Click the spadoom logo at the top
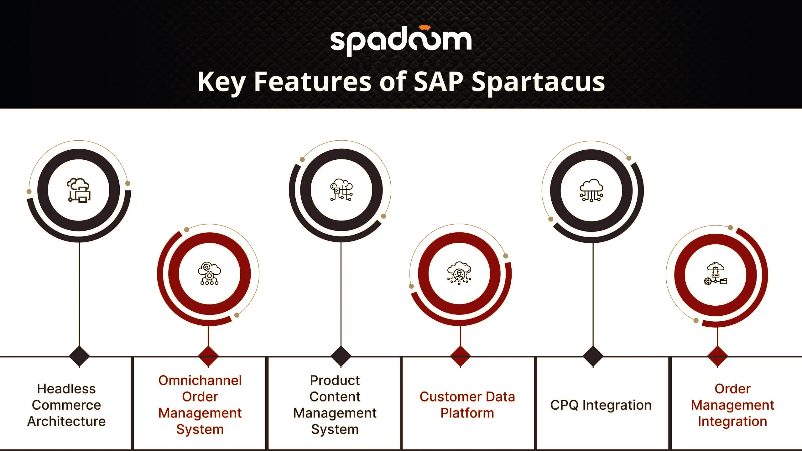pos(401,40)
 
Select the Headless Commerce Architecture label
pos(66,405)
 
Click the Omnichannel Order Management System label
pos(200,405)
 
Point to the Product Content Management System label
pos(335,405)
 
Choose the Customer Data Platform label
pos(467,405)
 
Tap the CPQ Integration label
pos(601,405)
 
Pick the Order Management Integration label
pos(732,405)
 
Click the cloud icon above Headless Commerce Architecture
pos(79,190)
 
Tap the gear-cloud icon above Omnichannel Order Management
pos(209,273)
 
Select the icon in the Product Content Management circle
pos(341,190)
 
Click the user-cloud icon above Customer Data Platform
pos(459,273)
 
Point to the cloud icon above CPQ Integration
pos(591,190)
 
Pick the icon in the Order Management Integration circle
pos(716,273)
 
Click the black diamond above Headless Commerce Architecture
pos(79,356)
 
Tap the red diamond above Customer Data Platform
pos(460,356)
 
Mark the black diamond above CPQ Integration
pos(593,356)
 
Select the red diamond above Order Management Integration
pos(717,356)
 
